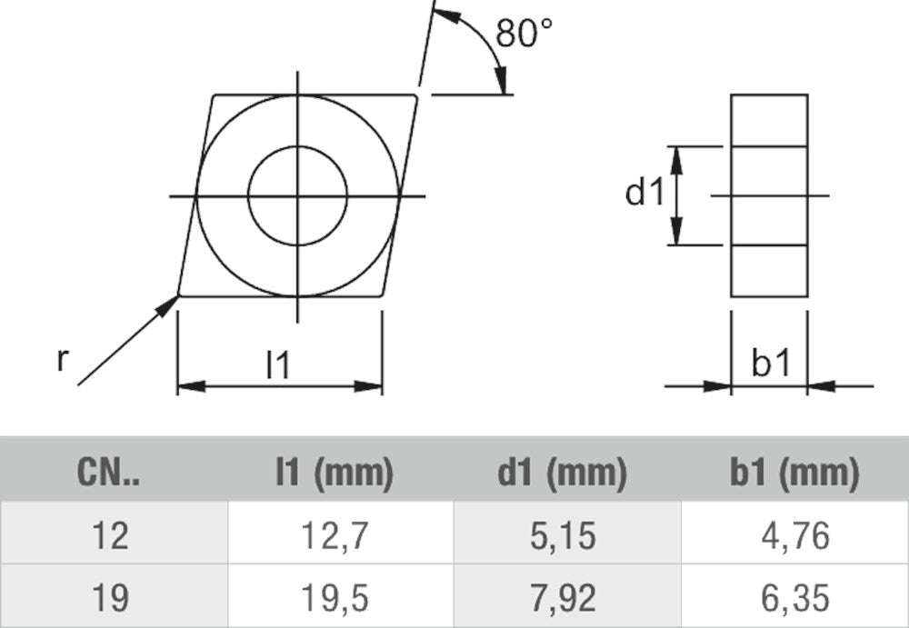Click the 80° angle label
[525, 34]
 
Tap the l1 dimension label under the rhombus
[278, 365]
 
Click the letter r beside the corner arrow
[62, 360]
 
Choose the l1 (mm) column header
[334, 473]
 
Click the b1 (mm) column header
[794, 473]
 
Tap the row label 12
[110, 536]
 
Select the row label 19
[110, 598]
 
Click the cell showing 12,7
[335, 536]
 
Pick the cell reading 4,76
[794, 536]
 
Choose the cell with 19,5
[335, 598]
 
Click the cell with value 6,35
[794, 598]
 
